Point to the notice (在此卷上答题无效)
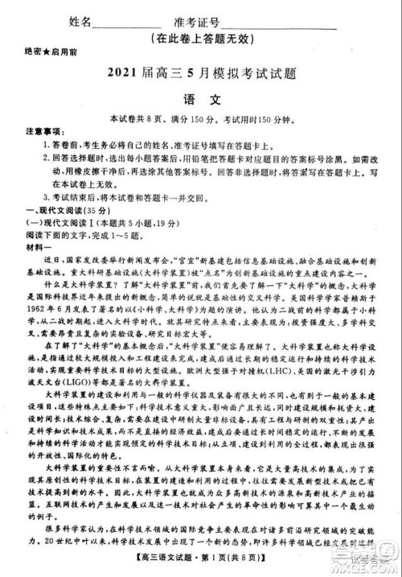206,39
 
